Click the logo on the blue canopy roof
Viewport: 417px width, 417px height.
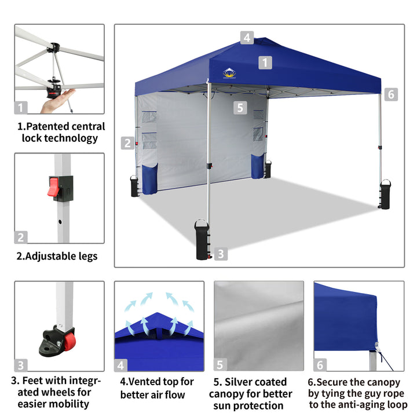[229, 73]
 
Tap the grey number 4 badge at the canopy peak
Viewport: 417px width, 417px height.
[247, 38]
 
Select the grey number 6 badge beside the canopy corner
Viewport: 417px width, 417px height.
[391, 94]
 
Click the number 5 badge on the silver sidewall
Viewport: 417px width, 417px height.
[240, 108]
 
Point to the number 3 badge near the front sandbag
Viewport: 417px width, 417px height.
[221, 254]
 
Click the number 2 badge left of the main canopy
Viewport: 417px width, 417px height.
[127, 143]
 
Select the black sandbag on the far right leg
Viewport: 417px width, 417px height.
[385, 194]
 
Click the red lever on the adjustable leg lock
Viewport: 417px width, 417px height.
[53, 186]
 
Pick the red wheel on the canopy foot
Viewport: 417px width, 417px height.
[69, 342]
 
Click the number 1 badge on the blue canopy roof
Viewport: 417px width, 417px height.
[265, 63]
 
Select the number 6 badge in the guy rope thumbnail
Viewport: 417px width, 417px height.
[320, 365]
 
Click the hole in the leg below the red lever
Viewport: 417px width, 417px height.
[60, 221]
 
